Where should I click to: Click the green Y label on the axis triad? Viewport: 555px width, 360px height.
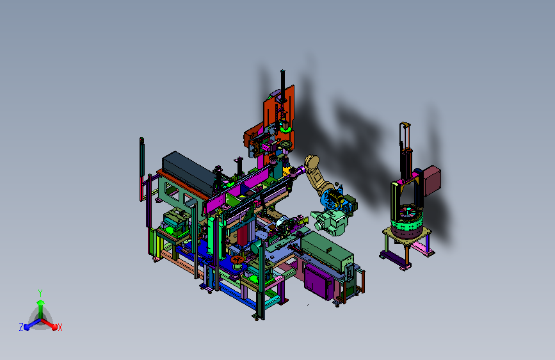pos(40,293)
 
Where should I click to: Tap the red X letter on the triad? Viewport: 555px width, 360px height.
pos(60,328)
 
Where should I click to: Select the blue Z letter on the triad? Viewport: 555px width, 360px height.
pos(21,327)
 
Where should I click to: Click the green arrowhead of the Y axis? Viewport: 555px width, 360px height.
pos(41,302)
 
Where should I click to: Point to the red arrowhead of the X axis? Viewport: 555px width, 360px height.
pos(54,326)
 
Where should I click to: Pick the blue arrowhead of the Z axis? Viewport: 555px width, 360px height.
pos(27,327)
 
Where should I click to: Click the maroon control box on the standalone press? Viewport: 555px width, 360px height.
pos(432,181)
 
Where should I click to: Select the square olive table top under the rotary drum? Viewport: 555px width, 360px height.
pos(407,235)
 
